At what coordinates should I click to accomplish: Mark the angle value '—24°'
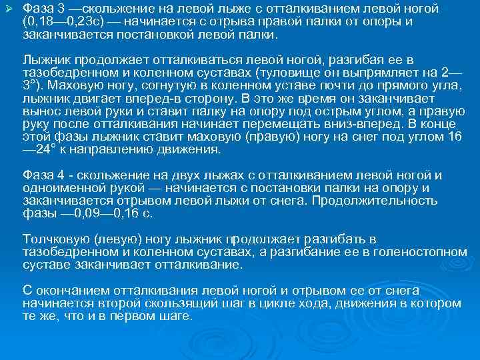tap(37, 149)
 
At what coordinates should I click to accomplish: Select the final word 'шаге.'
tap(175, 316)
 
